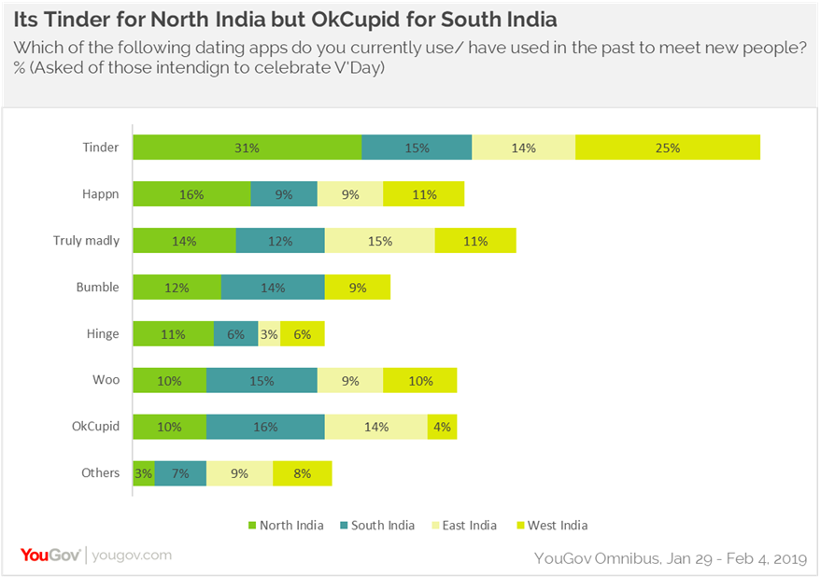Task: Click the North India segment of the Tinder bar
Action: [x=247, y=148]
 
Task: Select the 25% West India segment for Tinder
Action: [x=667, y=148]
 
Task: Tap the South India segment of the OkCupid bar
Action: [x=265, y=427]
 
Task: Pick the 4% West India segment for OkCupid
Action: [x=442, y=427]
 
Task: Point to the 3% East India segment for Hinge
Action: [x=269, y=333]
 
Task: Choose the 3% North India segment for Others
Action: [x=144, y=473]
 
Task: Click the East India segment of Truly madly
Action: [x=379, y=241]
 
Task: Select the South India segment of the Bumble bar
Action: [x=273, y=288]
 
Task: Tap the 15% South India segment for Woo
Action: [x=262, y=380]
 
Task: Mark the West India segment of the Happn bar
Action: [x=423, y=194]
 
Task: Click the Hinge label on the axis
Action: [x=105, y=333]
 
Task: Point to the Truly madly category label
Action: [x=86, y=241]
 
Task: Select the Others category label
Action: [x=100, y=473]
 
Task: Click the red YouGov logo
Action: [x=50, y=556]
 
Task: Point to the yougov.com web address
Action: [x=132, y=556]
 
